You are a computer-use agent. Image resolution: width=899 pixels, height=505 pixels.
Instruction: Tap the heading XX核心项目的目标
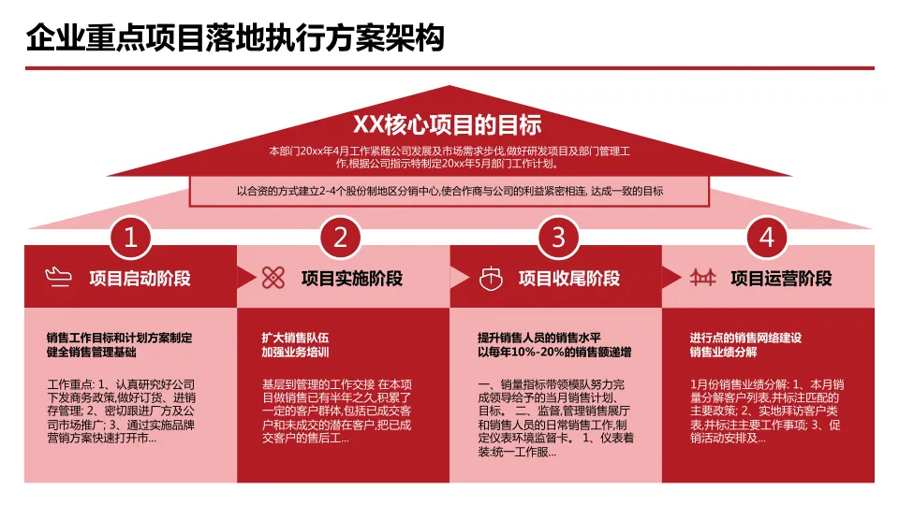pyautogui.click(x=448, y=124)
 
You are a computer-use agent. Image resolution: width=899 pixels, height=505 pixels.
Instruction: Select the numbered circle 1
pyautogui.click(x=131, y=238)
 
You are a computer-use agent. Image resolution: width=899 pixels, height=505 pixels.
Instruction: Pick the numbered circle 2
pyautogui.click(x=341, y=238)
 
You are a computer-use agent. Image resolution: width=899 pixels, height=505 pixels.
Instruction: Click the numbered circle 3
pyautogui.click(x=558, y=238)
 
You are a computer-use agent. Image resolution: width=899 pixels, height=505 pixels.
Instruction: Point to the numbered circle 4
pyautogui.click(x=767, y=238)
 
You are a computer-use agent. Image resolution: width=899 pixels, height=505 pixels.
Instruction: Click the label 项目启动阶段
pyautogui.click(x=140, y=278)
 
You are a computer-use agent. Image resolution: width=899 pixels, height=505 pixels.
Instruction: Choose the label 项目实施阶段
pyautogui.click(x=351, y=278)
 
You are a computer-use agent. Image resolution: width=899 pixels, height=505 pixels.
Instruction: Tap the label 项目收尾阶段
pyautogui.click(x=568, y=278)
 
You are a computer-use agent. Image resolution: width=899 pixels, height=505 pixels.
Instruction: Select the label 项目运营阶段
pyautogui.click(x=781, y=278)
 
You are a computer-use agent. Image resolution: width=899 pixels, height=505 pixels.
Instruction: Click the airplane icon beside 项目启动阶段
pyautogui.click(x=58, y=277)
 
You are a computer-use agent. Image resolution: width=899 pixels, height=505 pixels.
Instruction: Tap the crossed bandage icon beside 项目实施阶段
pyautogui.click(x=273, y=277)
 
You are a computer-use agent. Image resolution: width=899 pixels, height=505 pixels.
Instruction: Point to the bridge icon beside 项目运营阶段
pyautogui.click(x=702, y=277)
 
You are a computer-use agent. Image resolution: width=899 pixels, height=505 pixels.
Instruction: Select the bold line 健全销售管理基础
pyautogui.click(x=91, y=353)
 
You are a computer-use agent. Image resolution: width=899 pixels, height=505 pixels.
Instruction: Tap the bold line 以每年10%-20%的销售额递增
pyautogui.click(x=553, y=353)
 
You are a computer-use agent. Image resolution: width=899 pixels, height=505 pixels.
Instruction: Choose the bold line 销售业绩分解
pyautogui.click(x=723, y=353)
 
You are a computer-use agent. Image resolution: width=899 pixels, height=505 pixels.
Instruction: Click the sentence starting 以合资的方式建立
pyautogui.click(x=449, y=192)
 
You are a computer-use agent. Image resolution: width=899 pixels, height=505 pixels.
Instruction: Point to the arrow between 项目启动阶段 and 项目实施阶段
pyautogui.click(x=246, y=277)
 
